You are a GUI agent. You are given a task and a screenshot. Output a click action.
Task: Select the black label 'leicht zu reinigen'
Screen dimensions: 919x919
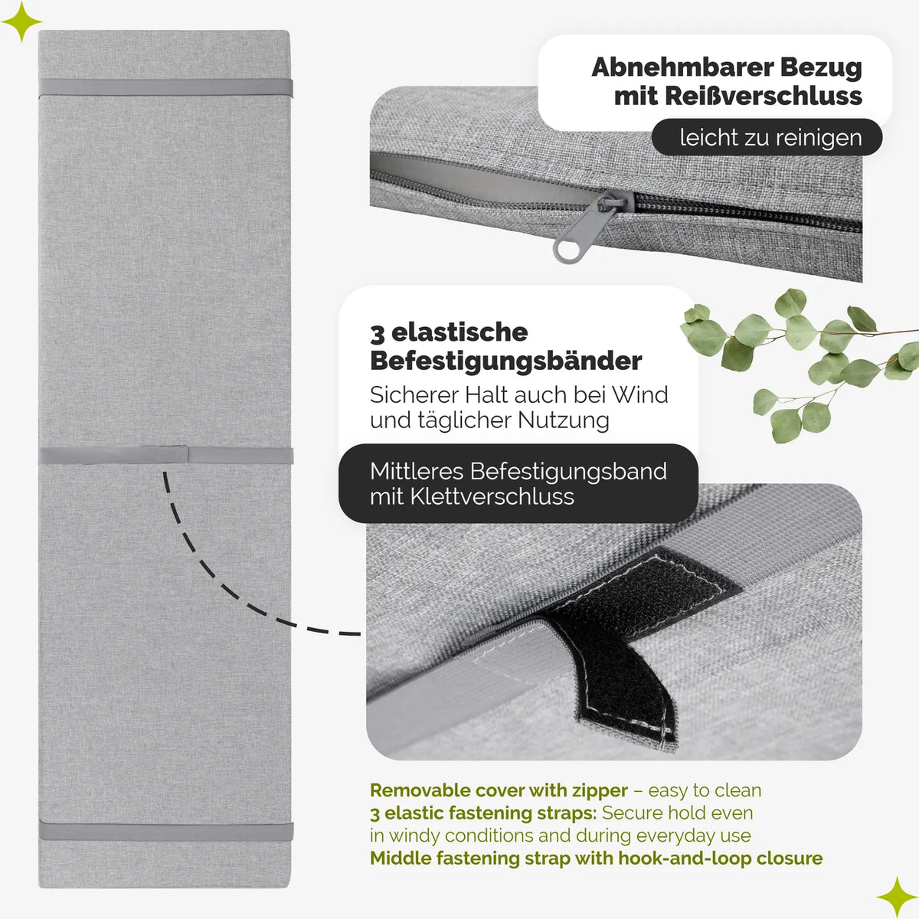(x=767, y=137)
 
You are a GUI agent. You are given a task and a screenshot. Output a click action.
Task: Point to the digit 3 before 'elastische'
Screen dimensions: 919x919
(x=377, y=333)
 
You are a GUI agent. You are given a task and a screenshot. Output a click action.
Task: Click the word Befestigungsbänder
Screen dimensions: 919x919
(x=505, y=361)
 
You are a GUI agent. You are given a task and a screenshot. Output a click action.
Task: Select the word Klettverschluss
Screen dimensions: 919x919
(x=492, y=497)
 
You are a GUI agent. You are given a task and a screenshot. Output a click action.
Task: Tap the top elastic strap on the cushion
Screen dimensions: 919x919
(x=165, y=88)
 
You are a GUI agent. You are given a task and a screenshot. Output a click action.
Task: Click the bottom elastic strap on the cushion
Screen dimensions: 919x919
(x=165, y=831)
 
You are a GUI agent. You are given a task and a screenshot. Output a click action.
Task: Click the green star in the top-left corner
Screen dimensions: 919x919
(x=21, y=21)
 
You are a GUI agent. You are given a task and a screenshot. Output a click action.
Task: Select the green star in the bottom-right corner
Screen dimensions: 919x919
(x=897, y=897)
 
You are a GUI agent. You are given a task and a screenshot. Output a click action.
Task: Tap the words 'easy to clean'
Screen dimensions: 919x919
(x=705, y=791)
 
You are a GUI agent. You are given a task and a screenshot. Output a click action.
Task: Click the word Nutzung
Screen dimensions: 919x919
(x=563, y=420)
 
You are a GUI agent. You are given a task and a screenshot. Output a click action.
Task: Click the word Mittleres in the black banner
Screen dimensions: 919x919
(x=417, y=471)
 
